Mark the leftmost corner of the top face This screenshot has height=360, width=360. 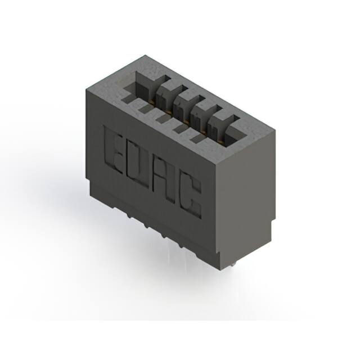tap(86, 88)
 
